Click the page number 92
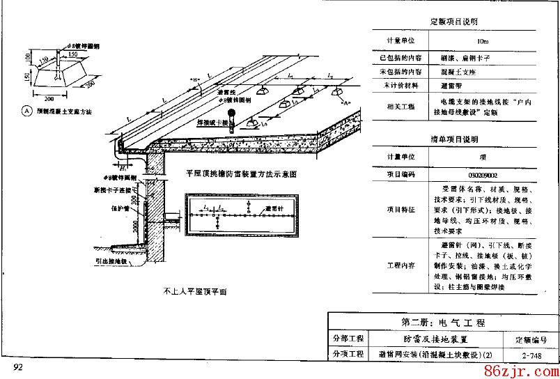coord(18,367)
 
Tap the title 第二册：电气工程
coord(442,323)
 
